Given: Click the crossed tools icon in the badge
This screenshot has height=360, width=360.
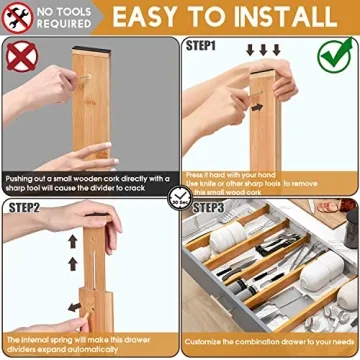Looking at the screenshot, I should (x=17, y=17).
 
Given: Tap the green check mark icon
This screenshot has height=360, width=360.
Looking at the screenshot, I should (x=338, y=56).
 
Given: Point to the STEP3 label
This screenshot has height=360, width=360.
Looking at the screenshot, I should (x=208, y=207).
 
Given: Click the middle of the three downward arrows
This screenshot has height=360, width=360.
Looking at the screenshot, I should (x=263, y=50).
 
